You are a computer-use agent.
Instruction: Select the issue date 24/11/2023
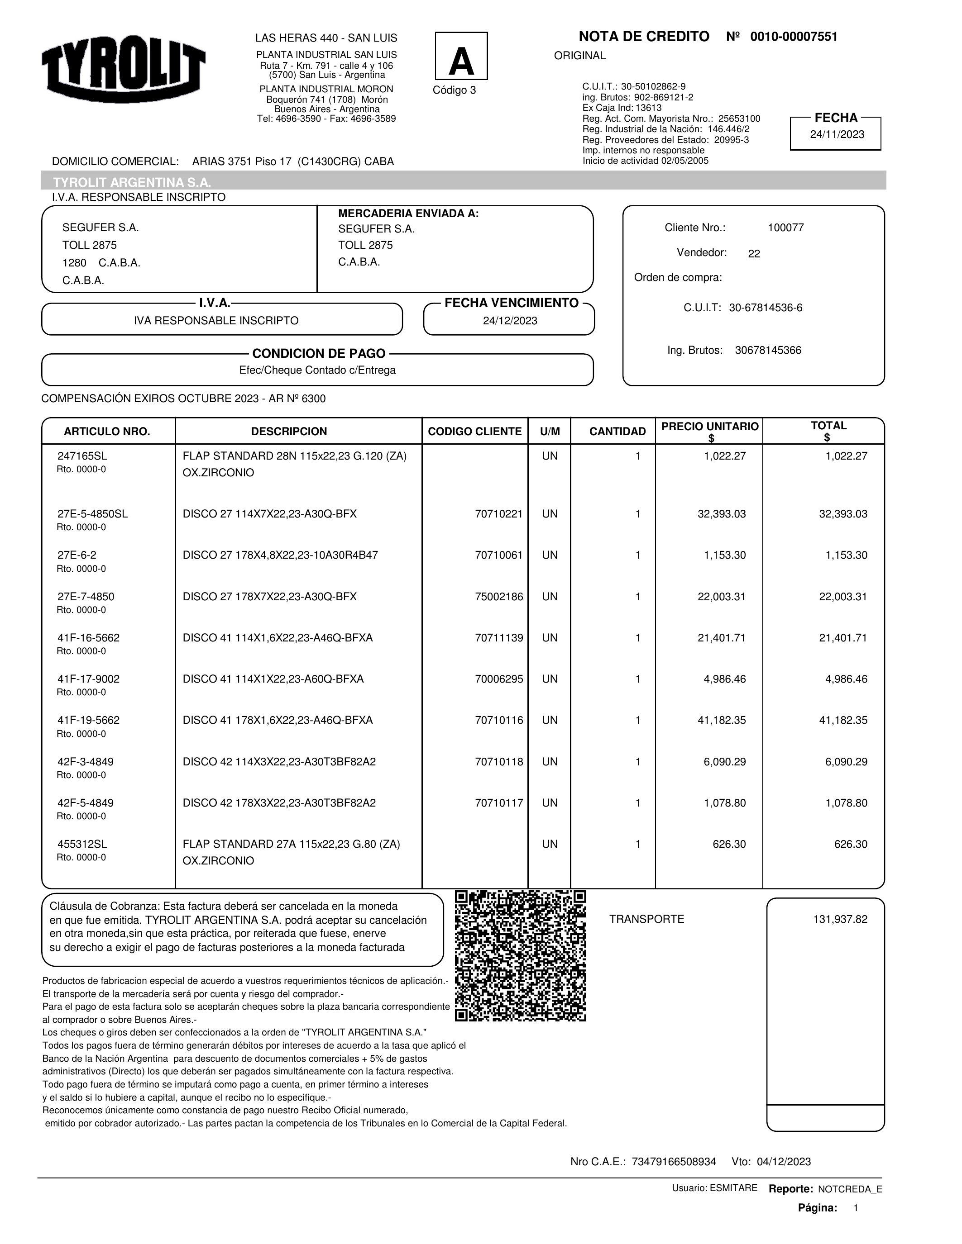837,135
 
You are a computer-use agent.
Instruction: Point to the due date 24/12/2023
509,321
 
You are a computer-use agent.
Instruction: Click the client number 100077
785,228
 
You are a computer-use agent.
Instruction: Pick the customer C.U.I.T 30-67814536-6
766,308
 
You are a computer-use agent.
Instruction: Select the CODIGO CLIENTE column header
474,432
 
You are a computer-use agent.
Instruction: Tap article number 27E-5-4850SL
92,514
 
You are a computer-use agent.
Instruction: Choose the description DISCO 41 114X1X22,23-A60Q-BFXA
273,679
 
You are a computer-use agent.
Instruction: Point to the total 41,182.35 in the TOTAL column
843,721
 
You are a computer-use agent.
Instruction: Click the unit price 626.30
729,844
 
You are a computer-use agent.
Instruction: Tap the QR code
520,956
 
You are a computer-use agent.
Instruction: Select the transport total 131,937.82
840,919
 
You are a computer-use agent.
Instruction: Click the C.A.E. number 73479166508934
674,1162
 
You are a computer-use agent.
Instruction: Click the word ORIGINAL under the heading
579,56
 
